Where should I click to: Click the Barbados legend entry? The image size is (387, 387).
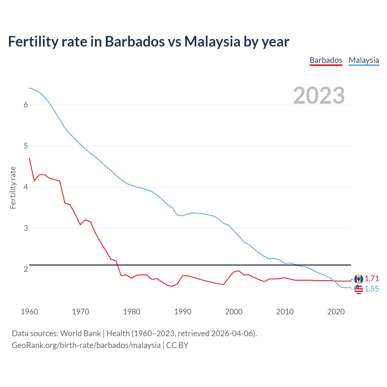[326, 60]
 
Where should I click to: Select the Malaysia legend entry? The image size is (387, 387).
[364, 60]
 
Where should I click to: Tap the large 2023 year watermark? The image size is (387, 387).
[319, 96]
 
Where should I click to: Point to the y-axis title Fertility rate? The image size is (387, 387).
[13, 187]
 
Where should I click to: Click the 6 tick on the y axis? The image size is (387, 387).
[26, 105]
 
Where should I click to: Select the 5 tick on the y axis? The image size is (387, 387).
[26, 146]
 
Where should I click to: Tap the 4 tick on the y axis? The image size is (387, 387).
[26, 187]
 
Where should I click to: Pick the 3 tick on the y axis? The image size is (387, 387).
[26, 228]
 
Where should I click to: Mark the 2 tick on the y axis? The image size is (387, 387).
[26, 269]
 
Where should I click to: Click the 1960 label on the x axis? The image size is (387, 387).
[29, 312]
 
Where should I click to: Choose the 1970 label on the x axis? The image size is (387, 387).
[80, 312]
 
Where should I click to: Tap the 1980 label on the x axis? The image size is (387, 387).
[132, 312]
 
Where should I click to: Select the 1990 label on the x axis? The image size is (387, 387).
[183, 312]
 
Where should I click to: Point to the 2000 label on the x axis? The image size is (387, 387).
[234, 312]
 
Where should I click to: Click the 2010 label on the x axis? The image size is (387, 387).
[285, 312]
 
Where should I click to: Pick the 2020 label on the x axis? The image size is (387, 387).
[336, 312]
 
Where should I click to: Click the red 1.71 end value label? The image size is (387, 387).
[372, 278]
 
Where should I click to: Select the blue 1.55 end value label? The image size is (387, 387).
[372, 289]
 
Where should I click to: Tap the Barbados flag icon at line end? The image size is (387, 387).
[359, 279]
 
